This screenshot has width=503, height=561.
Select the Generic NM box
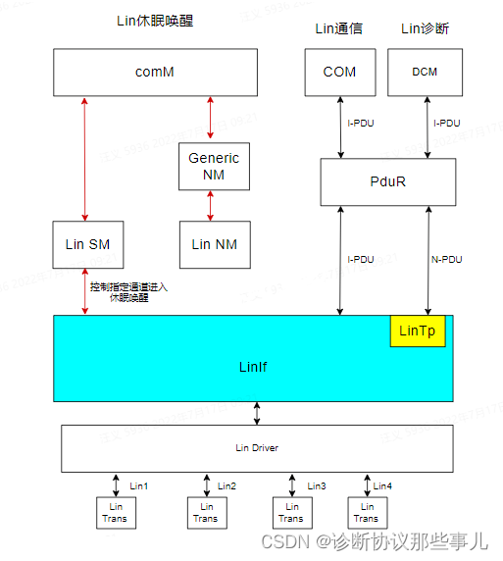click(214, 167)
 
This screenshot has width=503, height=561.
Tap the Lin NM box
click(214, 244)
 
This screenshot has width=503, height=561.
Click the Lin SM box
click(87, 244)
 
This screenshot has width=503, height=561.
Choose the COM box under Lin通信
click(340, 72)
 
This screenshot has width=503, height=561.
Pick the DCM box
click(425, 72)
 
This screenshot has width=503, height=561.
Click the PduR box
click(387, 181)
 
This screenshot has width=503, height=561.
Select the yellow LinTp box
click(418, 332)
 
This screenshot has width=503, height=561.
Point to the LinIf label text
click(253, 367)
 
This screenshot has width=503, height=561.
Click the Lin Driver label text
click(257, 448)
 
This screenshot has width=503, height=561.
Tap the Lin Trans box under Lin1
click(116, 512)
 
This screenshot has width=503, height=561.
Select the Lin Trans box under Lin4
click(366, 512)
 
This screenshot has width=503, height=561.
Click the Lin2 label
click(226, 485)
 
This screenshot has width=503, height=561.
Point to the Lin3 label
click(317, 485)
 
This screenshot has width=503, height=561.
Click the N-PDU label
click(446, 260)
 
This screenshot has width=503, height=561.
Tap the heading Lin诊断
click(425, 28)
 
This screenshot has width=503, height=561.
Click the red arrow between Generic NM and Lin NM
click(209, 206)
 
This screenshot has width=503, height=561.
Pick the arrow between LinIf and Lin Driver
click(257, 414)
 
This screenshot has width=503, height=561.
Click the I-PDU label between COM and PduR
click(362, 124)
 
